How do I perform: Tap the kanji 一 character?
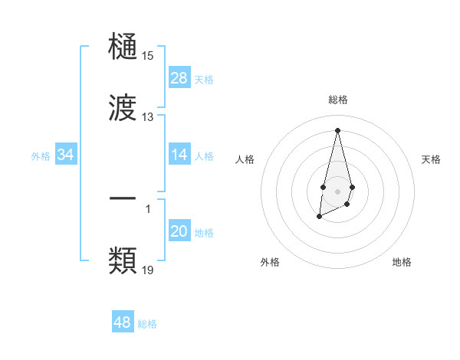[x=123, y=198]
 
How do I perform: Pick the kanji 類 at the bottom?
[x=123, y=260]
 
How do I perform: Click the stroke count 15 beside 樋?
[x=147, y=56]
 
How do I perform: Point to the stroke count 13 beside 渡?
[x=147, y=117]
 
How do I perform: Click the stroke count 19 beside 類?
[x=147, y=270]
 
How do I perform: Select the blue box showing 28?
[x=179, y=78]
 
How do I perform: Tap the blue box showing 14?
[x=179, y=155]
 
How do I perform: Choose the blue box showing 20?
[x=179, y=231]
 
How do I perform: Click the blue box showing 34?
[x=65, y=155]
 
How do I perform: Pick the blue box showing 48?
[x=123, y=322]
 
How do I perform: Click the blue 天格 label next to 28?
[x=204, y=79]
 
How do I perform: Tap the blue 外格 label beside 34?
[x=41, y=155]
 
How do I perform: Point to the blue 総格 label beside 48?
[x=147, y=323]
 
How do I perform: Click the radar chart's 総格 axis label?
[x=337, y=100]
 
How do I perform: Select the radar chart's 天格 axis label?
[x=432, y=159]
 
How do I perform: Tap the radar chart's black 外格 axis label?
[x=270, y=263]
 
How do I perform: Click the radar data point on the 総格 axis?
[x=337, y=129]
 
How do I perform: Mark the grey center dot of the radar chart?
[x=337, y=190]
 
